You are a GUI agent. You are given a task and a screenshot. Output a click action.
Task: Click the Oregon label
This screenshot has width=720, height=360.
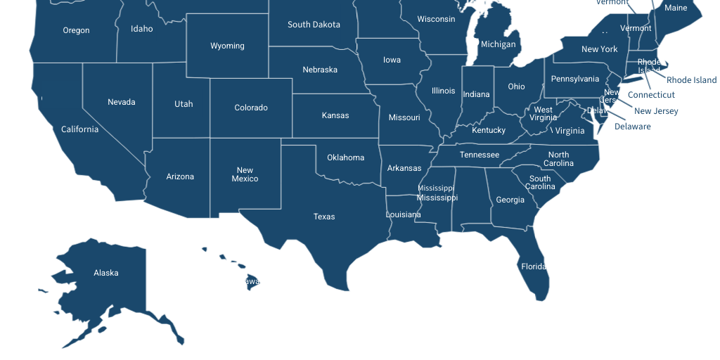tap(76, 30)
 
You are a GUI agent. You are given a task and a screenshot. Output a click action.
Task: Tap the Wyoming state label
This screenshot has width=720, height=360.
tap(227, 46)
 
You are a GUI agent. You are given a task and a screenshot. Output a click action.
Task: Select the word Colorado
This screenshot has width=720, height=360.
tap(251, 108)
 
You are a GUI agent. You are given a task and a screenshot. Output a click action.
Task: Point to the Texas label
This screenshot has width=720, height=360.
tap(324, 217)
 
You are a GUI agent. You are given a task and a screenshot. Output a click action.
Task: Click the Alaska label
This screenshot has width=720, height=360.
tap(106, 273)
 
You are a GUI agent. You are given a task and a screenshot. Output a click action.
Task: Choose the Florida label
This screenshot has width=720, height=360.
tap(534, 266)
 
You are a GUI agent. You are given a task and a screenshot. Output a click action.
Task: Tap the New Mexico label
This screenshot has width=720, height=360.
tap(245, 174)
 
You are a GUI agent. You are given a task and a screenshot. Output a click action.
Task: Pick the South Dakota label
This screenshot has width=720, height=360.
tap(314, 25)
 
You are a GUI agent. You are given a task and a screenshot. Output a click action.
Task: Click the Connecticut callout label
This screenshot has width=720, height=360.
tap(651, 95)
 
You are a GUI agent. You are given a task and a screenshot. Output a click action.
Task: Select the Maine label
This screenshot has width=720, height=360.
tap(676, 8)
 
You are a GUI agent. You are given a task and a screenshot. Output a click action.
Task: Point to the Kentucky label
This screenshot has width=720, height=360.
tap(489, 130)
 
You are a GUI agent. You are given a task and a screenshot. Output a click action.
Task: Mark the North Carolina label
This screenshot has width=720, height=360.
tap(558, 159)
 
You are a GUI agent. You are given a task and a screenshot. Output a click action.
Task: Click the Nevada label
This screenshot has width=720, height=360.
tap(122, 102)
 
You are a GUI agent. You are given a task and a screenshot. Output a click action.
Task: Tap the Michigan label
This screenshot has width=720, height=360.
tap(498, 44)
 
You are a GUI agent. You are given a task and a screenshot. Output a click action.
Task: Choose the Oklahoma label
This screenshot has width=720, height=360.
tap(345, 157)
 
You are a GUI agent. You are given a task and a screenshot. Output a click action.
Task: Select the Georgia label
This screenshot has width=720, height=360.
tap(510, 200)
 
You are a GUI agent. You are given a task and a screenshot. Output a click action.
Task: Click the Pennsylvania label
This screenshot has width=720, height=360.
tap(575, 79)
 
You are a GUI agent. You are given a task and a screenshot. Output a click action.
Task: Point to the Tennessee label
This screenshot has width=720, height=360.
tap(480, 155)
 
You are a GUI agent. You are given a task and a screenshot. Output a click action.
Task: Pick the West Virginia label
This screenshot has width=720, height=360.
tap(543, 113)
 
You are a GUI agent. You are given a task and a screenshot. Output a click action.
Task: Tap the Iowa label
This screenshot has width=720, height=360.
tap(392, 60)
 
